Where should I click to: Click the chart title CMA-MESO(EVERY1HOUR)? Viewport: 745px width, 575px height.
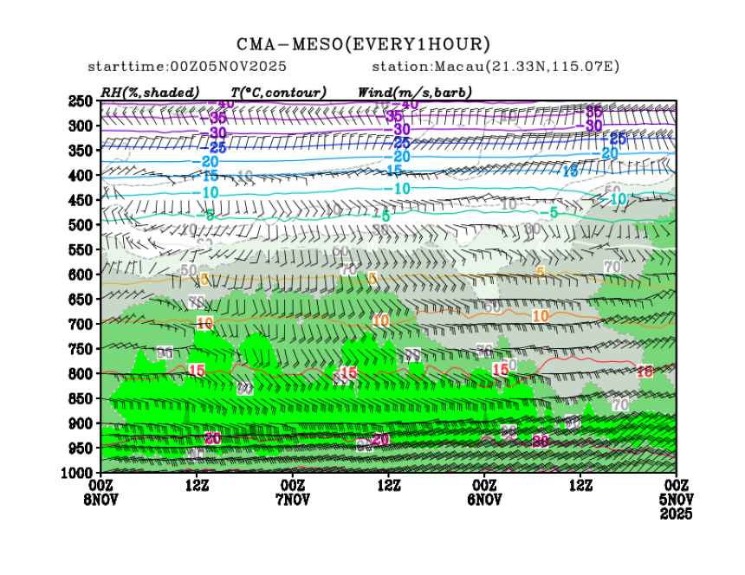coord(363,44)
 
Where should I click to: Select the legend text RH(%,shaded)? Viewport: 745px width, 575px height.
coord(150,92)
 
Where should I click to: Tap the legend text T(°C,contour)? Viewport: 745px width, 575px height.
coord(278,92)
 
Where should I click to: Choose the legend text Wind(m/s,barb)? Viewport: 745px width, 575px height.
coord(414,92)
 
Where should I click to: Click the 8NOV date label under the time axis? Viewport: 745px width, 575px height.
coord(101,500)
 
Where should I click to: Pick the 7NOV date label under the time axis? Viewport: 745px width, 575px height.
coord(293,500)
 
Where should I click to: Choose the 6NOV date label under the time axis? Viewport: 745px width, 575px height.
coord(484,500)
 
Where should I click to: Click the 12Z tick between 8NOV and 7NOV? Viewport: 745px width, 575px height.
coord(198,485)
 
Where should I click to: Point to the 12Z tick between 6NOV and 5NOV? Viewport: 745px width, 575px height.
coord(580,485)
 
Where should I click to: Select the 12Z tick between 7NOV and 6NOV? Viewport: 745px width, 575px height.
coord(389,485)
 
